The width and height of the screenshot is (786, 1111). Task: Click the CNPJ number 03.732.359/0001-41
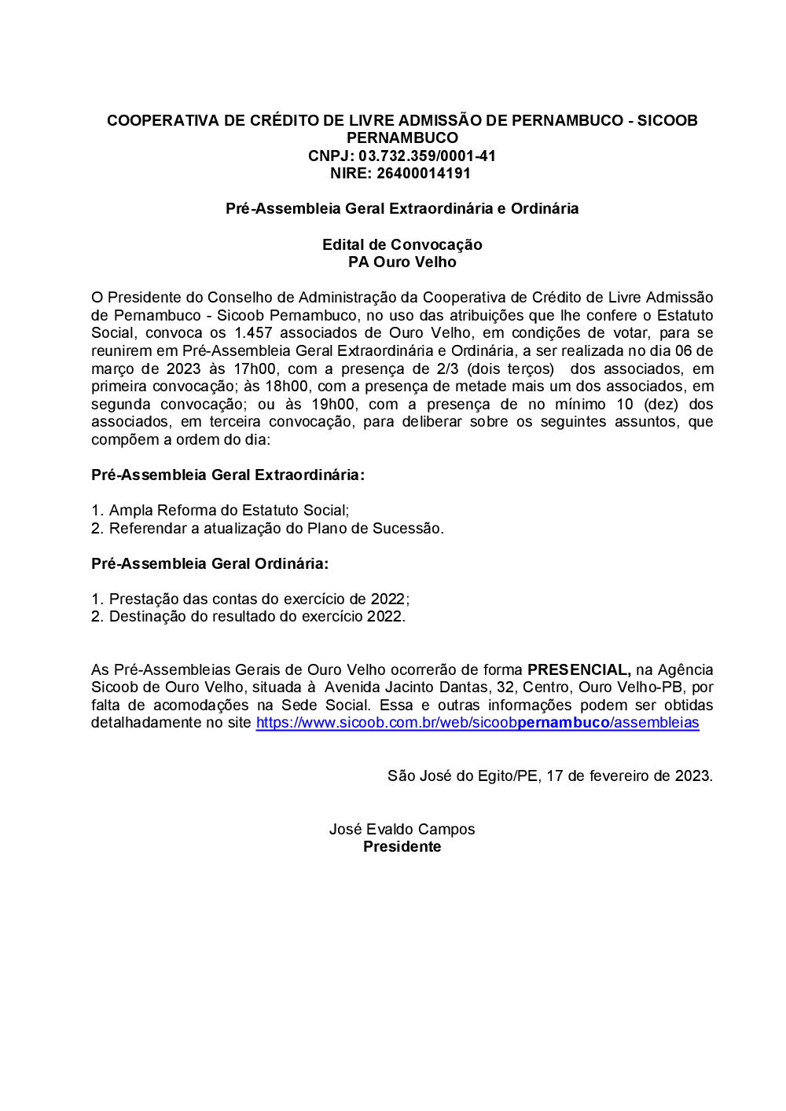(x=427, y=156)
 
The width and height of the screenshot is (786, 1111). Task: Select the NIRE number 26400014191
(x=423, y=174)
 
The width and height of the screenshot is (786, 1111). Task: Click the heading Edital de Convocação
(x=402, y=244)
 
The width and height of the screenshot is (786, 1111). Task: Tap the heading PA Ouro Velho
(x=402, y=262)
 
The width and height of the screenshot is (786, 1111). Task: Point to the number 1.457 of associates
(x=253, y=333)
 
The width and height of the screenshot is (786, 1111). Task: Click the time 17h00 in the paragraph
(x=255, y=368)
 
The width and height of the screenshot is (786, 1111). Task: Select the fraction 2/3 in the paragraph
(x=447, y=368)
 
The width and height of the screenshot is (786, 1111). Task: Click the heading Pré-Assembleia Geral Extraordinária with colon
(x=228, y=475)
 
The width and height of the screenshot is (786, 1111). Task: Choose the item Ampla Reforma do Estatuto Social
(x=229, y=511)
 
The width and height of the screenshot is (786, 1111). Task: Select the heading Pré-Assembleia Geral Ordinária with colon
(x=210, y=563)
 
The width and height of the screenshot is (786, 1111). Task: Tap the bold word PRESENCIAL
(x=578, y=669)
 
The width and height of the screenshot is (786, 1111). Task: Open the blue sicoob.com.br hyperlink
(x=477, y=723)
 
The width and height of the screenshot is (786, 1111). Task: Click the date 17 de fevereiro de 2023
(x=629, y=776)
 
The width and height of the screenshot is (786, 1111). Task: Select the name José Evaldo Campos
(x=402, y=830)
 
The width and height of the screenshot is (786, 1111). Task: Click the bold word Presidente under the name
(x=402, y=847)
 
